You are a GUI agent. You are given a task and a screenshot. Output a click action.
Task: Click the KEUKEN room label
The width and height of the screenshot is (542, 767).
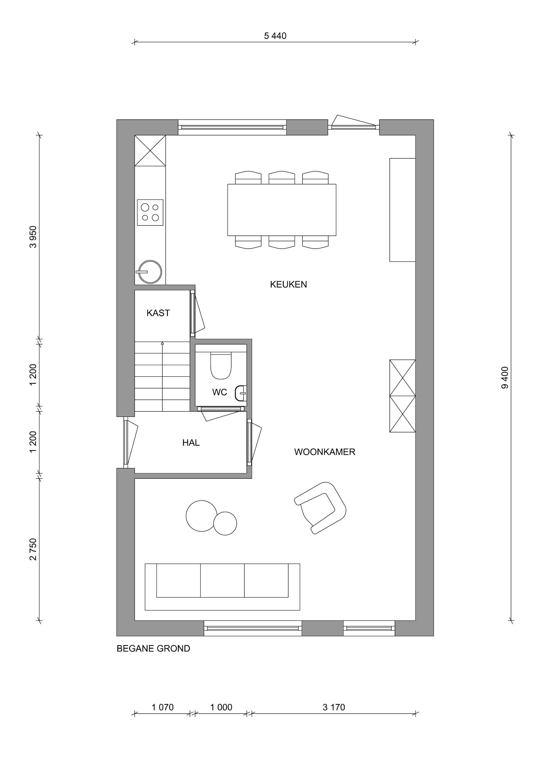(x=288, y=284)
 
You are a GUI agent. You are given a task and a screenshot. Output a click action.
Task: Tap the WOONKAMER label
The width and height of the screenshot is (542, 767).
(x=325, y=452)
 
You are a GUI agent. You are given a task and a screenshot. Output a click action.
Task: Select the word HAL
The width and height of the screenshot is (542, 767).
(x=191, y=443)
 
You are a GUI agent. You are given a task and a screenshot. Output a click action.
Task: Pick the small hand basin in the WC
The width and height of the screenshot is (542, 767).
(x=241, y=393)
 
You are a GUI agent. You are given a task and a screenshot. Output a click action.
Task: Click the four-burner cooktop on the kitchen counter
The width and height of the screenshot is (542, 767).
(x=150, y=212)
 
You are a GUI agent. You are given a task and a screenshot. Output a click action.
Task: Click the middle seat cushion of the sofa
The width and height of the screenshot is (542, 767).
(x=222, y=580)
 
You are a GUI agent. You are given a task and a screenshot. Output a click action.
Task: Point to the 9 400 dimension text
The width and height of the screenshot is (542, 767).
(x=505, y=378)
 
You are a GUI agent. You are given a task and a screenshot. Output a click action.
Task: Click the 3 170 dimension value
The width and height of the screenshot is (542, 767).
(x=334, y=707)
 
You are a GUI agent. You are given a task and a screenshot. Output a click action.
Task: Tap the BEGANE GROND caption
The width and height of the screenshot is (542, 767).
(x=153, y=648)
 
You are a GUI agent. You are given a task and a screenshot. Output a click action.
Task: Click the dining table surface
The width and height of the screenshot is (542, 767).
(x=282, y=210)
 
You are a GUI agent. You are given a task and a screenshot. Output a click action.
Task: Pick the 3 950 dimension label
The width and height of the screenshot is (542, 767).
(x=33, y=237)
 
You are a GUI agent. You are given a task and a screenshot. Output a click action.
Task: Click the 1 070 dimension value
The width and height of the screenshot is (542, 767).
(x=163, y=707)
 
